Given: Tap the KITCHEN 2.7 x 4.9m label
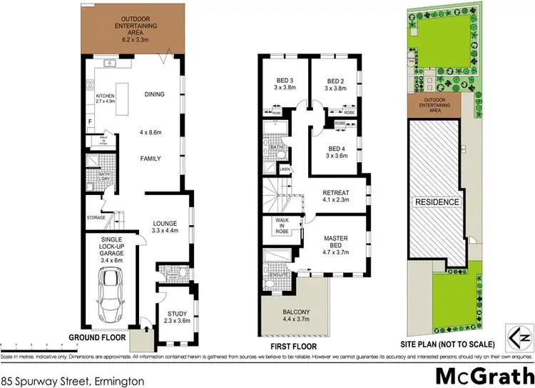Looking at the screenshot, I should coord(106,99).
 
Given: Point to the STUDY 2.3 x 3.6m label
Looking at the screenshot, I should coord(178,317).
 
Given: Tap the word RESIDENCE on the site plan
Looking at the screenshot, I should coord(437,202).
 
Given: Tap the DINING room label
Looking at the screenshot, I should coord(154,94).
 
